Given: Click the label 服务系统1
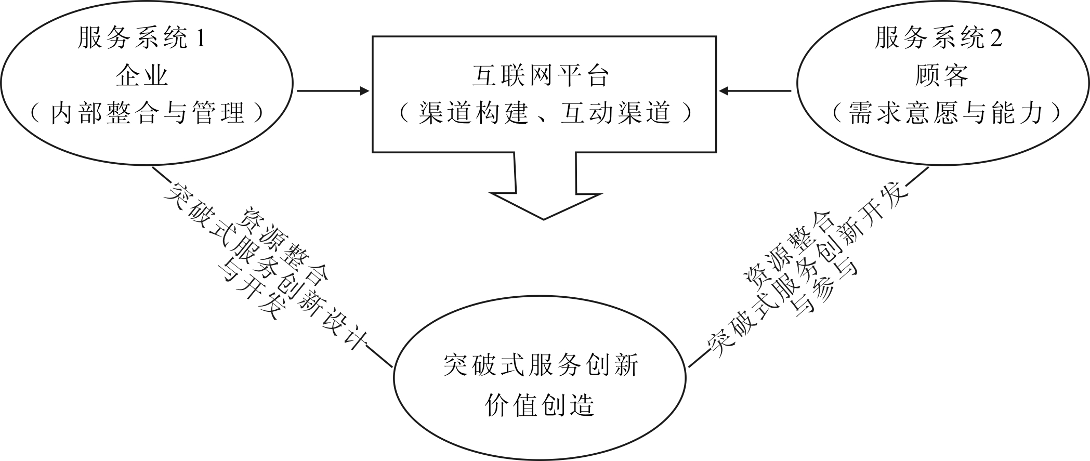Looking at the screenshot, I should (x=141, y=38).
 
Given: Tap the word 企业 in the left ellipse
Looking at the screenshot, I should (x=141, y=76).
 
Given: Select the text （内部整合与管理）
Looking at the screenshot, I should (x=147, y=113).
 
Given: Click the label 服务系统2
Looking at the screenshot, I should (x=939, y=38).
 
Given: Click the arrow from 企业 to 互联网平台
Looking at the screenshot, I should (x=333, y=91).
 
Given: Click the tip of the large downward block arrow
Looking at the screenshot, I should (x=544, y=218).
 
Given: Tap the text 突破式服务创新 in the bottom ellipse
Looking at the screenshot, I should (x=541, y=367).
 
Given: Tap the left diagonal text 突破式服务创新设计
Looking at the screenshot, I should (x=265, y=265).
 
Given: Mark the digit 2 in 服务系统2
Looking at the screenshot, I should (x=995, y=38).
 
